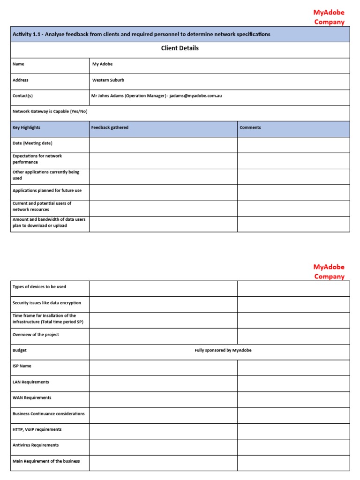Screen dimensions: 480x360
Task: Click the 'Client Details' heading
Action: tap(180, 48)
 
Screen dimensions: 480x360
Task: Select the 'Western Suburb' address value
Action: tap(108, 80)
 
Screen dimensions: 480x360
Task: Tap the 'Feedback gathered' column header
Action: tap(110, 127)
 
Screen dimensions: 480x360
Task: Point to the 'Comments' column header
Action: tap(250, 127)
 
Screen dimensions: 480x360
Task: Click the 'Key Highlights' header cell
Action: tap(26, 127)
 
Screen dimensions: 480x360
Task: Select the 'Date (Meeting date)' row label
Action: tap(32, 143)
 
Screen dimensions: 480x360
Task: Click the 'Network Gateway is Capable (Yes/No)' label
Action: tap(50, 112)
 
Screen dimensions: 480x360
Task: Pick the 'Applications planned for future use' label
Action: tap(47, 191)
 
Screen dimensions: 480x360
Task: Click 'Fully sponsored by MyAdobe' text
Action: tap(223, 350)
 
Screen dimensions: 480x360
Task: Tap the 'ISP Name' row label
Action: tap(22, 366)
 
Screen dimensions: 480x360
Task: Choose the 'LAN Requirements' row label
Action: tap(30, 382)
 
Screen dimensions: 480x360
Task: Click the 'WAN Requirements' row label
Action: tap(32, 397)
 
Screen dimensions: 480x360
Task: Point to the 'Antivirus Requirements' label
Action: tap(36, 445)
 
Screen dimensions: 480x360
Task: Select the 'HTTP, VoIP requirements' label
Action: tap(37, 429)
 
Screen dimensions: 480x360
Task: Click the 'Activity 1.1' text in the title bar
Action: tap(26, 34)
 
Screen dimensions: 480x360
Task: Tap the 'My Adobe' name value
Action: tap(102, 64)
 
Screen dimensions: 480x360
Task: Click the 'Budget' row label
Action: tap(20, 350)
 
